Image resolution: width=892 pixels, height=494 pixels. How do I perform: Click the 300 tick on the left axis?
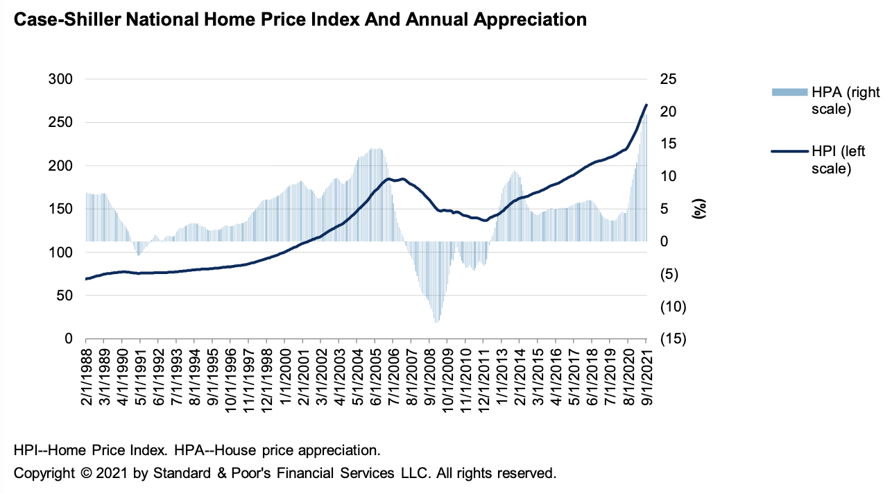[x=60, y=79]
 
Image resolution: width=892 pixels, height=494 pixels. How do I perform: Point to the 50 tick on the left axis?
[x=64, y=296]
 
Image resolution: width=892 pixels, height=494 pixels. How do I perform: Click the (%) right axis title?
[x=699, y=209]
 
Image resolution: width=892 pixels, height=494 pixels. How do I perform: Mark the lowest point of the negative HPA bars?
[x=436, y=322]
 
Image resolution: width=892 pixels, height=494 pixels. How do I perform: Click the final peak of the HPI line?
[x=646, y=105]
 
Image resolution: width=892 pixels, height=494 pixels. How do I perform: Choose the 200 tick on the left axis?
[x=60, y=166]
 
